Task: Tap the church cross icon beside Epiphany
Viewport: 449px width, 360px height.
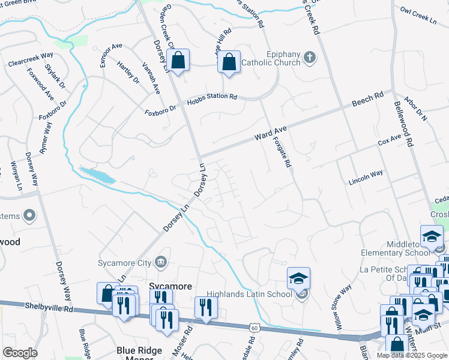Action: [x=310, y=58]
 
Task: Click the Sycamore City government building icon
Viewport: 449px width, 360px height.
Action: [x=161, y=261]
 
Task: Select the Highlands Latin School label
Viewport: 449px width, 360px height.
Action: [x=252, y=294]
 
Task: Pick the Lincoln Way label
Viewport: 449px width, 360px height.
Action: [x=366, y=173]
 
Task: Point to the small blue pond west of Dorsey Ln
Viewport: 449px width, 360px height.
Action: [x=97, y=175]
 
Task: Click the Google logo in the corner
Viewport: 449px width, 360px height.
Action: [x=20, y=352]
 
